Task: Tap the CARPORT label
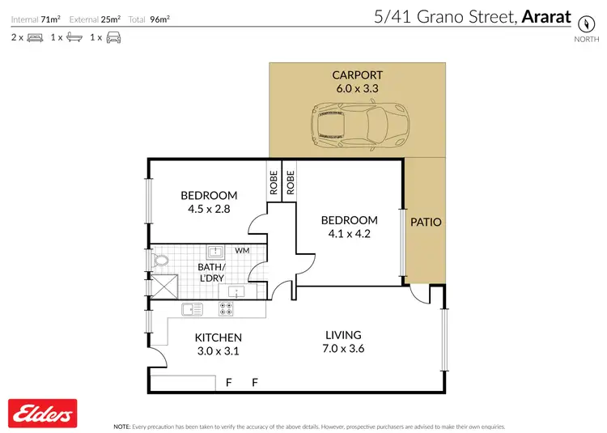click(x=357, y=75)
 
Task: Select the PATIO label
click(x=426, y=221)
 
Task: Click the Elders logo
click(x=41, y=414)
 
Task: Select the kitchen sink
click(x=193, y=308)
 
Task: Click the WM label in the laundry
click(x=242, y=251)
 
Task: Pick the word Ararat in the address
click(x=548, y=16)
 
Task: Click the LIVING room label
click(x=343, y=335)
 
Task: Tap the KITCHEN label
click(x=218, y=337)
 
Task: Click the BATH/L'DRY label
click(x=212, y=272)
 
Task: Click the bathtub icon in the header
click(x=74, y=37)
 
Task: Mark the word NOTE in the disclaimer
click(x=121, y=426)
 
